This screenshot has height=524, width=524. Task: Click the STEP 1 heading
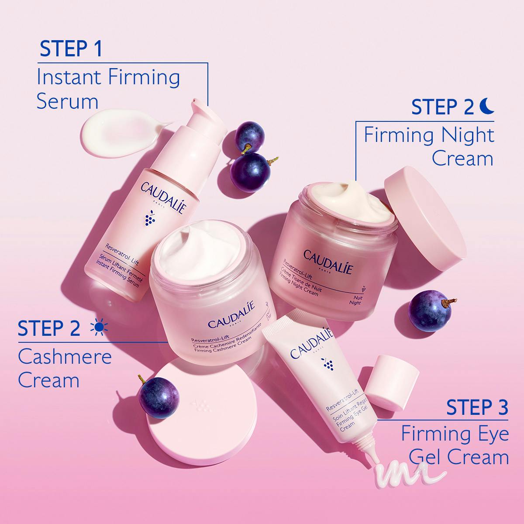coord(71,49)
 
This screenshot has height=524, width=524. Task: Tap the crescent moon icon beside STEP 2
coord(486,106)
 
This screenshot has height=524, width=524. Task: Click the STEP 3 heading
coord(477,407)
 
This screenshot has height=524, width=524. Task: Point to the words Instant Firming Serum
coord(108,89)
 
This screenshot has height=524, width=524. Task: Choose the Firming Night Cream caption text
coord(429,146)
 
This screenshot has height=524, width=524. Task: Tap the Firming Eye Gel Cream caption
coord(455,446)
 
